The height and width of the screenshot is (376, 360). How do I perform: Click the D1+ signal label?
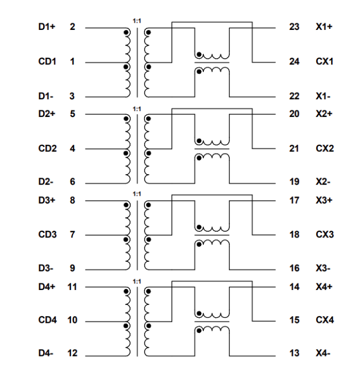pos(47,27)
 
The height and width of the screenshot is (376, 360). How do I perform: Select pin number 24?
pos(294,62)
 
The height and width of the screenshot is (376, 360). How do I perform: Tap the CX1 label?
pos(325,62)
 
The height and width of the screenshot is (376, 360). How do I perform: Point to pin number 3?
pos(73,96)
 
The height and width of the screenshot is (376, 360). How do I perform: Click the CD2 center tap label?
pos(47,149)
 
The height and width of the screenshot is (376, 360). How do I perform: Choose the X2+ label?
pos(324,114)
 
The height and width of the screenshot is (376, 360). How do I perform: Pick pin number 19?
pos(294,182)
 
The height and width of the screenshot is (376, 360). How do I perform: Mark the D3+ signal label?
pos(47,200)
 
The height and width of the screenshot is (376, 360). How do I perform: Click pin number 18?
pos(294,235)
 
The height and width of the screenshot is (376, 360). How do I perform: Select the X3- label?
pos(323,268)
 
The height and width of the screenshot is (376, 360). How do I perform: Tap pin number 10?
pos(73,321)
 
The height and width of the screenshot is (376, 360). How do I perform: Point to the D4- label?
pos(45,354)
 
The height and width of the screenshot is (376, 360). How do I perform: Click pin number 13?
pos(294,354)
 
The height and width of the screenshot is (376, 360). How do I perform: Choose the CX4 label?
pos(325,321)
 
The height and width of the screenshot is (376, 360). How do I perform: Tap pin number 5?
pos(73,114)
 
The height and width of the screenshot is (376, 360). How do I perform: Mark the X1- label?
pos(323,96)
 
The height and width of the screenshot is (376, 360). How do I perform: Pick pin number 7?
pos(73,235)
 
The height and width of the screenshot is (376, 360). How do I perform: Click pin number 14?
pos(294,287)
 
